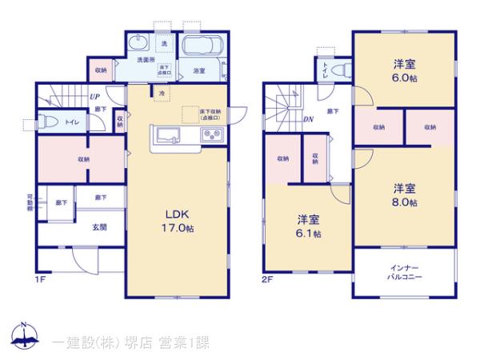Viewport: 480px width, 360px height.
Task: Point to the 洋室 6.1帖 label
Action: (x=309, y=226)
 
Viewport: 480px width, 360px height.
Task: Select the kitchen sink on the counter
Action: (x=170, y=134)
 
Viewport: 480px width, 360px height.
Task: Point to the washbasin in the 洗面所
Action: (x=137, y=43)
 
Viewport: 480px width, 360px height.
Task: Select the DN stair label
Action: (x=307, y=118)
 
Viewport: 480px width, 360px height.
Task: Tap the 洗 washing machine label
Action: (x=165, y=42)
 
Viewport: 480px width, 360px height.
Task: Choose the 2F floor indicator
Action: (x=266, y=281)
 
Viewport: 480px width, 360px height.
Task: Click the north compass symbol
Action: (x=23, y=337)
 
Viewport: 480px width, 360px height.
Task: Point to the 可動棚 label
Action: (x=30, y=201)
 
